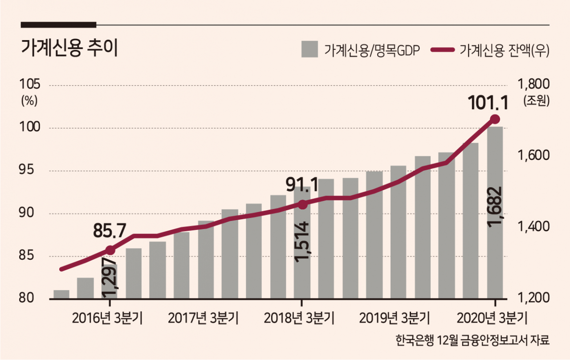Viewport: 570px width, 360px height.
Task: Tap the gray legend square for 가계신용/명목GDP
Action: [309, 49]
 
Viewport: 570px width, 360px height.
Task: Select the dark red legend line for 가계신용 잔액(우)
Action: [443, 50]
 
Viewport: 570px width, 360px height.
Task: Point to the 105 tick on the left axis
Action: [30, 84]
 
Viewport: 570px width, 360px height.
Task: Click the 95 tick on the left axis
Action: [26, 170]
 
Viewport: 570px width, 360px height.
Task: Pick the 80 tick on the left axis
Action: [26, 298]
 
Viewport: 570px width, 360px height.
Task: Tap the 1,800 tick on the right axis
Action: [534, 84]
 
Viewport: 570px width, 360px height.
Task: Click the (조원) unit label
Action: [537, 101]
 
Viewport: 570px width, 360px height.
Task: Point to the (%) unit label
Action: [29, 101]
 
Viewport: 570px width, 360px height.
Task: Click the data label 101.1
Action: [488, 103]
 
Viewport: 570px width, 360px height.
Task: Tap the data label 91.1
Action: [302, 185]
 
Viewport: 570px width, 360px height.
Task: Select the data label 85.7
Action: [110, 231]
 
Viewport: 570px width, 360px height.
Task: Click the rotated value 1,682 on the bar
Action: [495, 207]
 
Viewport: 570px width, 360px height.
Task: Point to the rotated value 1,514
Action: [302, 242]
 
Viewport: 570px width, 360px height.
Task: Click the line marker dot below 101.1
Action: [495, 119]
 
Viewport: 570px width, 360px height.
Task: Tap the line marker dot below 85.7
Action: [110, 250]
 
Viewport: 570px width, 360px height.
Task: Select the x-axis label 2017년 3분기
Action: [204, 318]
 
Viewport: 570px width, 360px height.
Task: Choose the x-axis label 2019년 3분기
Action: [395, 318]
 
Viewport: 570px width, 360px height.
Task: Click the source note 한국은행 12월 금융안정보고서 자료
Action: [472, 340]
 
